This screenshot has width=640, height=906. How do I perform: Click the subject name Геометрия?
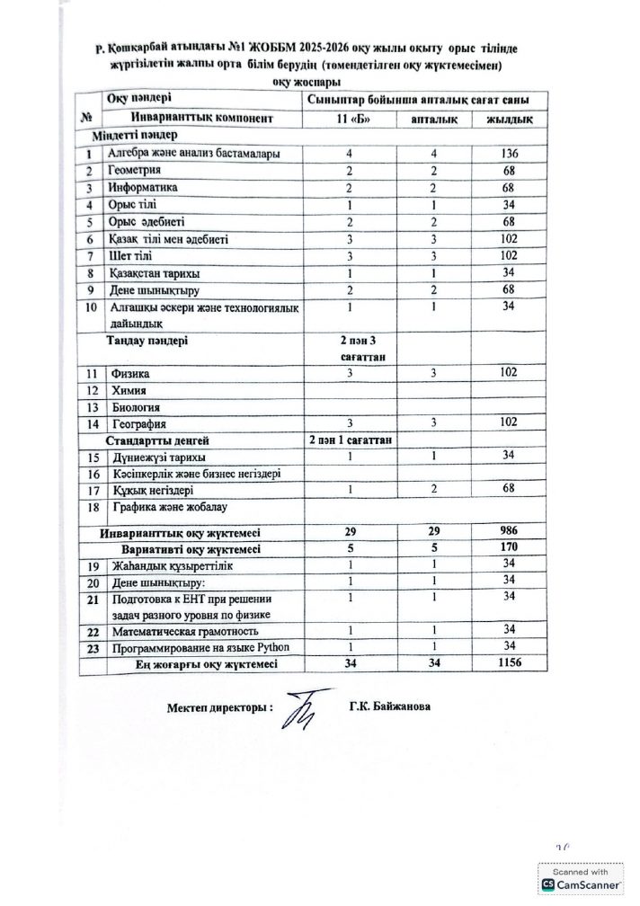[x=136, y=170]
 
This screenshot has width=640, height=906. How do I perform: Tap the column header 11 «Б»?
[x=348, y=119]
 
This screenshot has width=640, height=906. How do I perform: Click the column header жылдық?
[x=508, y=119]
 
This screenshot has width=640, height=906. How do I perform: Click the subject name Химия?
[x=126, y=389]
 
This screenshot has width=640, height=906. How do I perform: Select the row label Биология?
[x=132, y=406]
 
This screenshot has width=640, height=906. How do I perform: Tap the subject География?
[x=137, y=423]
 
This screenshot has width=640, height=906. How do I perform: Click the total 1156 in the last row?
[x=508, y=663]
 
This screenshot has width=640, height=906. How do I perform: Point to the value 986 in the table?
[x=508, y=530]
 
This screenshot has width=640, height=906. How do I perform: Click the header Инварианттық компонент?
[x=201, y=119]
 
